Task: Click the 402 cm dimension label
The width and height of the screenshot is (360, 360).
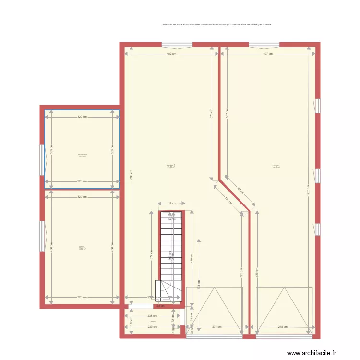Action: coord(171,54)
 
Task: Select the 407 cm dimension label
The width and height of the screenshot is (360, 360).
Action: coord(268,54)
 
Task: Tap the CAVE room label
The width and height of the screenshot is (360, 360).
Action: coord(82,248)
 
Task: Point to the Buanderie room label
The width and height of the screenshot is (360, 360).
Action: coord(82,155)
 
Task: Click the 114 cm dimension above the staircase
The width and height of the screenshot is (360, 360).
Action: coord(171,204)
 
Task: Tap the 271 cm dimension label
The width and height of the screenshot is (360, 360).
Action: coord(217,327)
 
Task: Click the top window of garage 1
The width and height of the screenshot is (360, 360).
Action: coord(177,45)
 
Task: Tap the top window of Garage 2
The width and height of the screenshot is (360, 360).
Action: coord(264,45)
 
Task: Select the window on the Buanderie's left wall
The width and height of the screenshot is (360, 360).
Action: coord(42,160)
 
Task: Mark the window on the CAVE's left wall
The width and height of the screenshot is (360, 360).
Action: coord(42,236)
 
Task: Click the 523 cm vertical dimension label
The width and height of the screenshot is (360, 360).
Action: coord(241,273)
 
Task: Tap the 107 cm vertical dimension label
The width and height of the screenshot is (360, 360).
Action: coord(132,323)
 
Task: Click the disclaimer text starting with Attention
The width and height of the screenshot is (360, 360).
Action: coord(217,24)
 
